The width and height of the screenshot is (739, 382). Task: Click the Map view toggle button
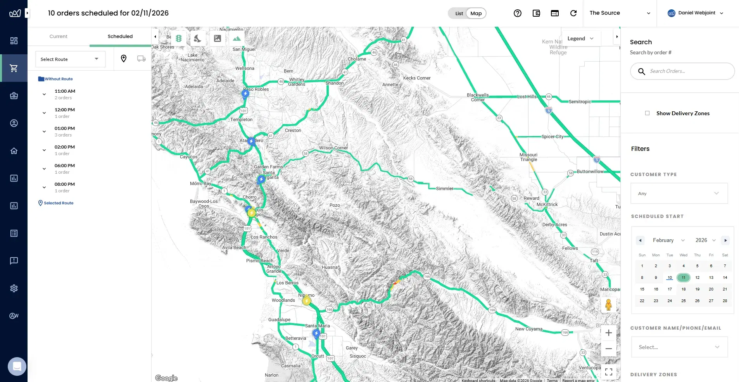pyautogui.click(x=476, y=13)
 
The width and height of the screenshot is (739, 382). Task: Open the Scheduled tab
pyautogui.click(x=120, y=36)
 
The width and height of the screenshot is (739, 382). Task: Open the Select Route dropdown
pyautogui.click(x=70, y=59)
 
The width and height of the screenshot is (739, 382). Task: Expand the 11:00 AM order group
pyautogui.click(x=44, y=94)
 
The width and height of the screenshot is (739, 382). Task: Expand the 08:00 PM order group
pyautogui.click(x=44, y=187)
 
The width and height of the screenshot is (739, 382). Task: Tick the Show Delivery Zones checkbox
pyautogui.click(x=647, y=113)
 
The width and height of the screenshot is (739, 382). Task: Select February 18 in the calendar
pyautogui.click(x=684, y=289)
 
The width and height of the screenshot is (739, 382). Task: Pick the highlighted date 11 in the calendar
pyautogui.click(x=684, y=278)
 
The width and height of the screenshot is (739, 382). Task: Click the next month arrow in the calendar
pyautogui.click(x=725, y=240)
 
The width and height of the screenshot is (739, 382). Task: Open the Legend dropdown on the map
pyautogui.click(x=580, y=38)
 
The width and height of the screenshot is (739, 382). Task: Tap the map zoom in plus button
pyautogui.click(x=609, y=333)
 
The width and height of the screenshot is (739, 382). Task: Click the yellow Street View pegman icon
pyautogui.click(x=608, y=305)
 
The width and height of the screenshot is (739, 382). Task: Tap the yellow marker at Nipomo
pyautogui.click(x=307, y=300)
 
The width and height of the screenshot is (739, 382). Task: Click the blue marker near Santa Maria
pyautogui.click(x=316, y=333)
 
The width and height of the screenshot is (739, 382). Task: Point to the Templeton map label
pyautogui.click(x=241, y=119)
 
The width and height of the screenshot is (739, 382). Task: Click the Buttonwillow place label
pyautogui.click(x=590, y=171)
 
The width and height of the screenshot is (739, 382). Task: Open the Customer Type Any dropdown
pyautogui.click(x=679, y=194)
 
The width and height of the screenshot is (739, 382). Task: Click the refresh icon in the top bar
pyautogui.click(x=573, y=13)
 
